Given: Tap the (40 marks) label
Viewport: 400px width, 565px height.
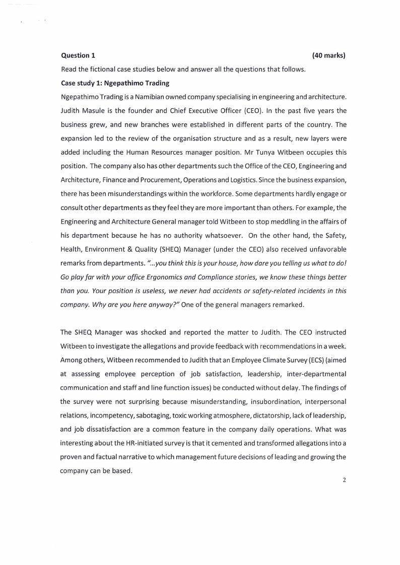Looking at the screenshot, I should point(328,55).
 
